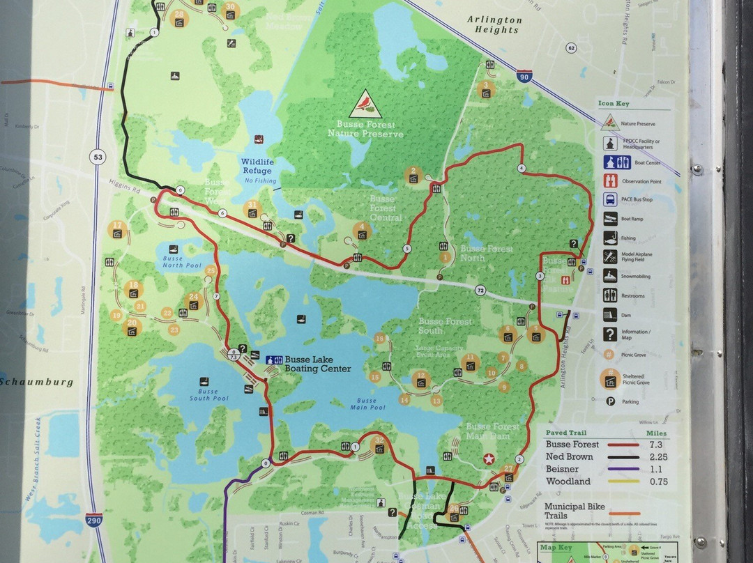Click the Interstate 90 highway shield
click(524, 77)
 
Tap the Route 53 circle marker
click(97, 157)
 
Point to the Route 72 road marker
click(480, 289)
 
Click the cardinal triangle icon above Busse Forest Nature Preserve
click(365, 104)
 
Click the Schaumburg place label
click(36, 382)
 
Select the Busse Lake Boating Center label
click(317, 364)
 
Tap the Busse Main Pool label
click(367, 404)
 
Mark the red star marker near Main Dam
click(489, 458)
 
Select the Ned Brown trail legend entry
click(569, 457)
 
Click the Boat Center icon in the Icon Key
click(610, 162)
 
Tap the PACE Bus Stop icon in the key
click(610, 199)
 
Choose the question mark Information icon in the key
click(610, 334)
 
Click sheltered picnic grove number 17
click(116, 229)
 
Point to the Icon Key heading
click(614, 104)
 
